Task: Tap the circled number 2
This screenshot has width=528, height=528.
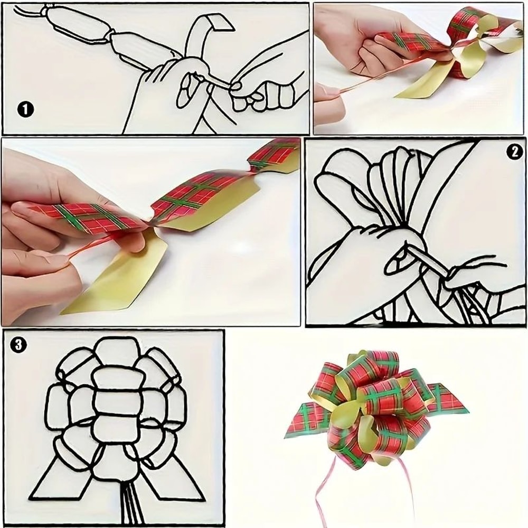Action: [513, 152]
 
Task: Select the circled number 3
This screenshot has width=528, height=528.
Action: [18, 345]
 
